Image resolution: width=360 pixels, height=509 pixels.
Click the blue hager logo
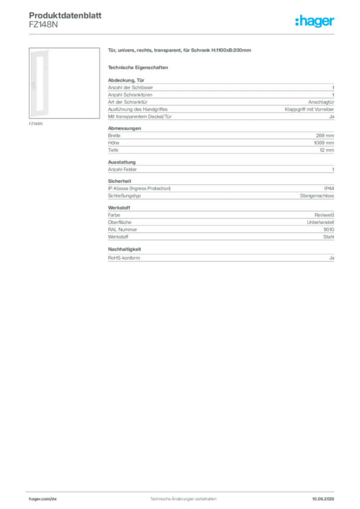click(x=316, y=22)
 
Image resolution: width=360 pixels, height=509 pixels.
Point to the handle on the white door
click(x=31, y=85)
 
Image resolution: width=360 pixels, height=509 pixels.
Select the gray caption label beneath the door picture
click(x=36, y=123)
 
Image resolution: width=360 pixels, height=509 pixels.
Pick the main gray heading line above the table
click(x=181, y=51)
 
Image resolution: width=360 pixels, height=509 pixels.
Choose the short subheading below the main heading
click(x=139, y=67)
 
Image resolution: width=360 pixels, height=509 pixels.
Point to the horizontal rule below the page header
click(x=183, y=34)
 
